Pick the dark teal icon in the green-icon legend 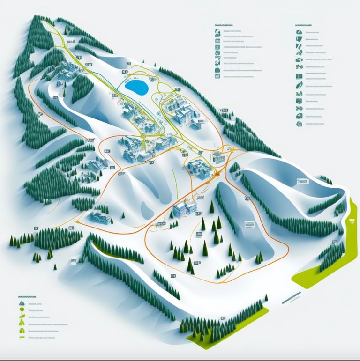click(x=22, y=303)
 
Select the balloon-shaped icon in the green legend click(x=22, y=317)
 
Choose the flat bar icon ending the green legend click(x=22, y=336)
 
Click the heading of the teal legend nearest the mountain click(x=224, y=24)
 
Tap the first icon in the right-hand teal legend click(x=299, y=33)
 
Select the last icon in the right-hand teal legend click(x=299, y=124)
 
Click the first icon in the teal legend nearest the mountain click(x=217, y=33)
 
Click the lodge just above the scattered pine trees click(x=185, y=207)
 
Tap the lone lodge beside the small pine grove click(x=100, y=217)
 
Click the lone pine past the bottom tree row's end click(x=266, y=298)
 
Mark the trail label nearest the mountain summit click(x=71, y=42)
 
